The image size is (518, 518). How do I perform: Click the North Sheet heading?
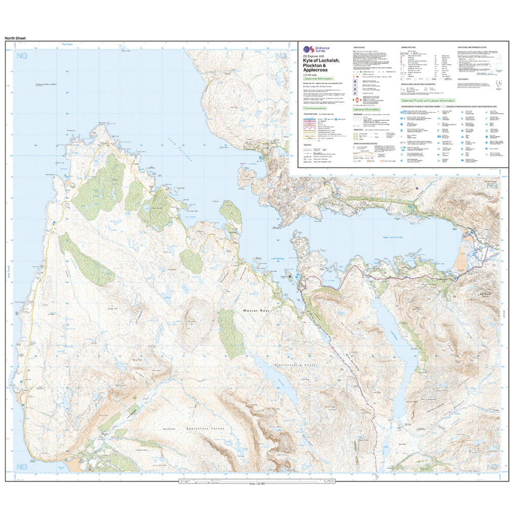point(15,38)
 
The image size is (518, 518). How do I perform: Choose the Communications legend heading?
point(315,109)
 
